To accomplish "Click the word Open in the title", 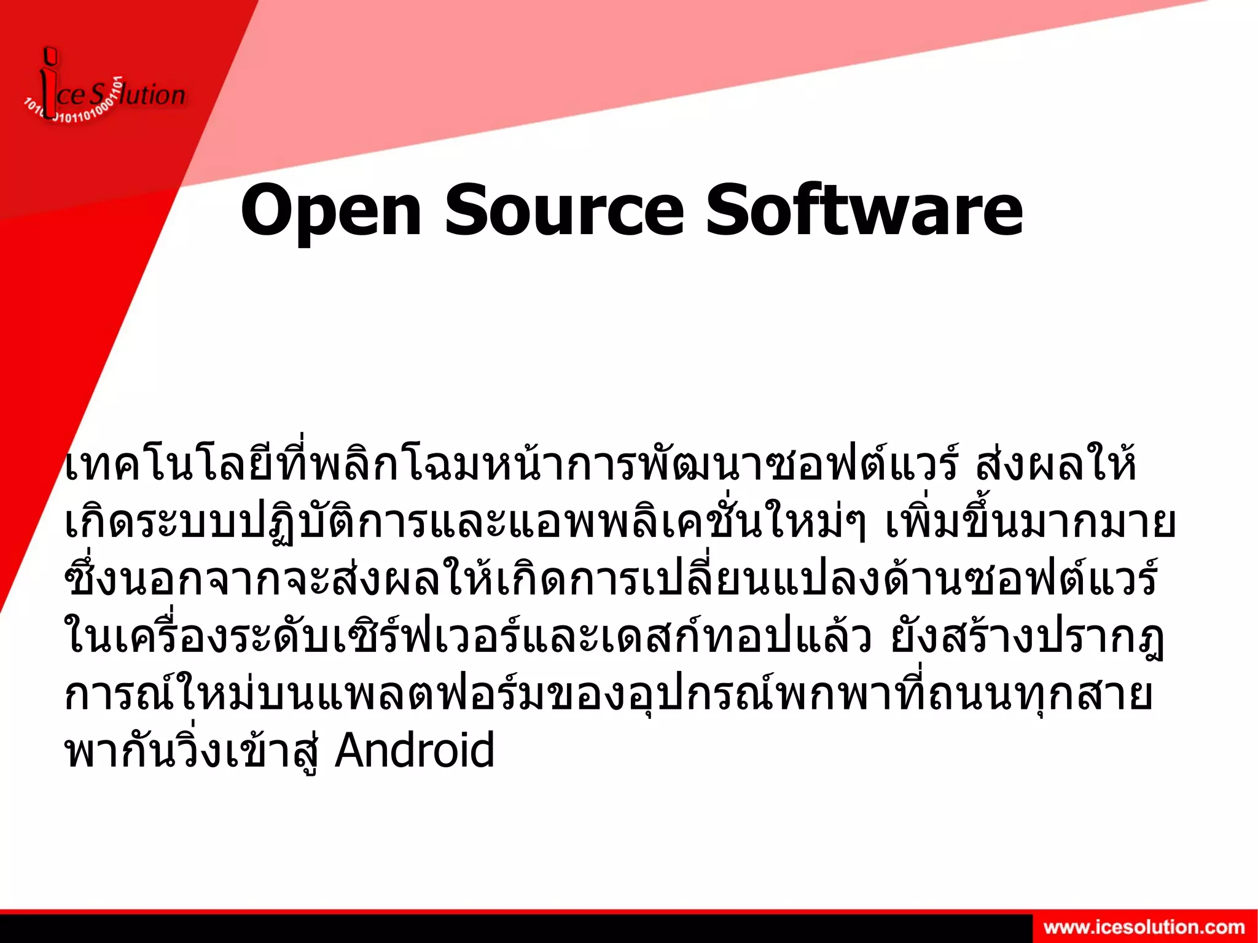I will click(x=330, y=211).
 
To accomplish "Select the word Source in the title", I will click(x=564, y=211).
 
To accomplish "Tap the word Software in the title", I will click(x=864, y=211).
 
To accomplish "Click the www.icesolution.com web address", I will click(x=1144, y=928).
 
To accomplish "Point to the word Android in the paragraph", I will click(x=415, y=751).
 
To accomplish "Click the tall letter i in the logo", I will click(x=49, y=86).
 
